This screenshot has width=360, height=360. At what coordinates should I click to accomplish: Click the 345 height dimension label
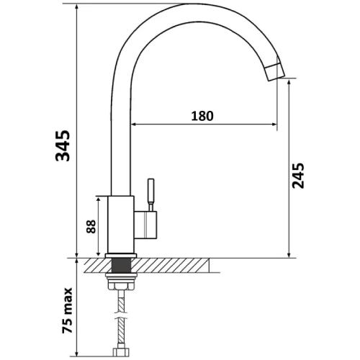[x=63, y=145]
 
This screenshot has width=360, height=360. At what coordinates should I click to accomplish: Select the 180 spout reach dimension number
[x=202, y=116]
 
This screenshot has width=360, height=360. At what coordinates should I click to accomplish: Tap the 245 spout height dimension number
[x=298, y=176]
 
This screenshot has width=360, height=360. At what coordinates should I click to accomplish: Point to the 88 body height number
[x=91, y=226]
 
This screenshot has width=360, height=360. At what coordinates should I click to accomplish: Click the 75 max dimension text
[x=67, y=310]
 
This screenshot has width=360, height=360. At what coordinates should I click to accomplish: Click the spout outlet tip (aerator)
[x=275, y=71]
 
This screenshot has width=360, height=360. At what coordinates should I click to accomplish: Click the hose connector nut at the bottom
[x=122, y=351]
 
